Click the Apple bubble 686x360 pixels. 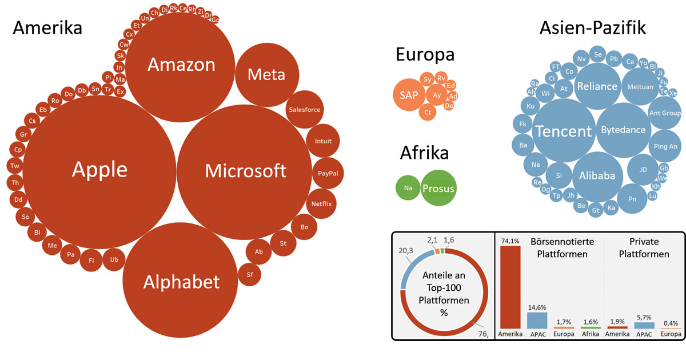(99, 170)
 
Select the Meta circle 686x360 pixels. (266, 74)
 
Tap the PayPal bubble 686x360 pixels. (328, 173)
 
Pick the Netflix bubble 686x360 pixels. (321, 203)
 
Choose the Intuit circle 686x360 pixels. (323, 141)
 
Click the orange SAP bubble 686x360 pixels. (409, 95)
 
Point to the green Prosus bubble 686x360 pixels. (438, 188)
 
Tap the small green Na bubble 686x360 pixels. (408, 187)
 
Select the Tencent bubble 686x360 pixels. (563, 131)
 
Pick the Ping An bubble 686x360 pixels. (665, 146)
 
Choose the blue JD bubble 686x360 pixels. (643, 170)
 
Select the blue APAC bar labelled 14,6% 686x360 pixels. (537, 320)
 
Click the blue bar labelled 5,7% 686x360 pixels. (644, 325)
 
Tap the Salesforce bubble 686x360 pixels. (304, 110)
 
